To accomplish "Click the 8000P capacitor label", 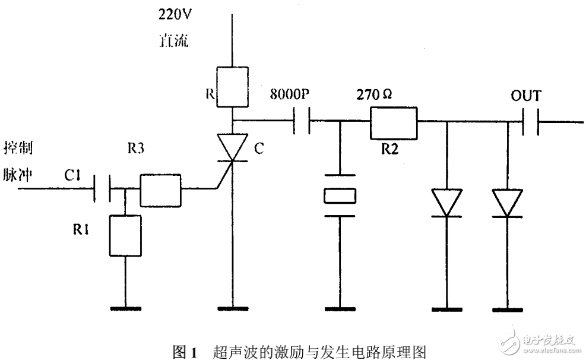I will click(x=292, y=93).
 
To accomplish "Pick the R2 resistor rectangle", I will click(x=394, y=121).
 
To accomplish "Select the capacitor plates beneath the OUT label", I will click(x=530, y=122).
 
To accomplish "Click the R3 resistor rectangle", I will click(x=160, y=190).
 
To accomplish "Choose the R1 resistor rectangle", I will click(x=125, y=236).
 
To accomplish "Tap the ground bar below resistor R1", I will click(x=125, y=308).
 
